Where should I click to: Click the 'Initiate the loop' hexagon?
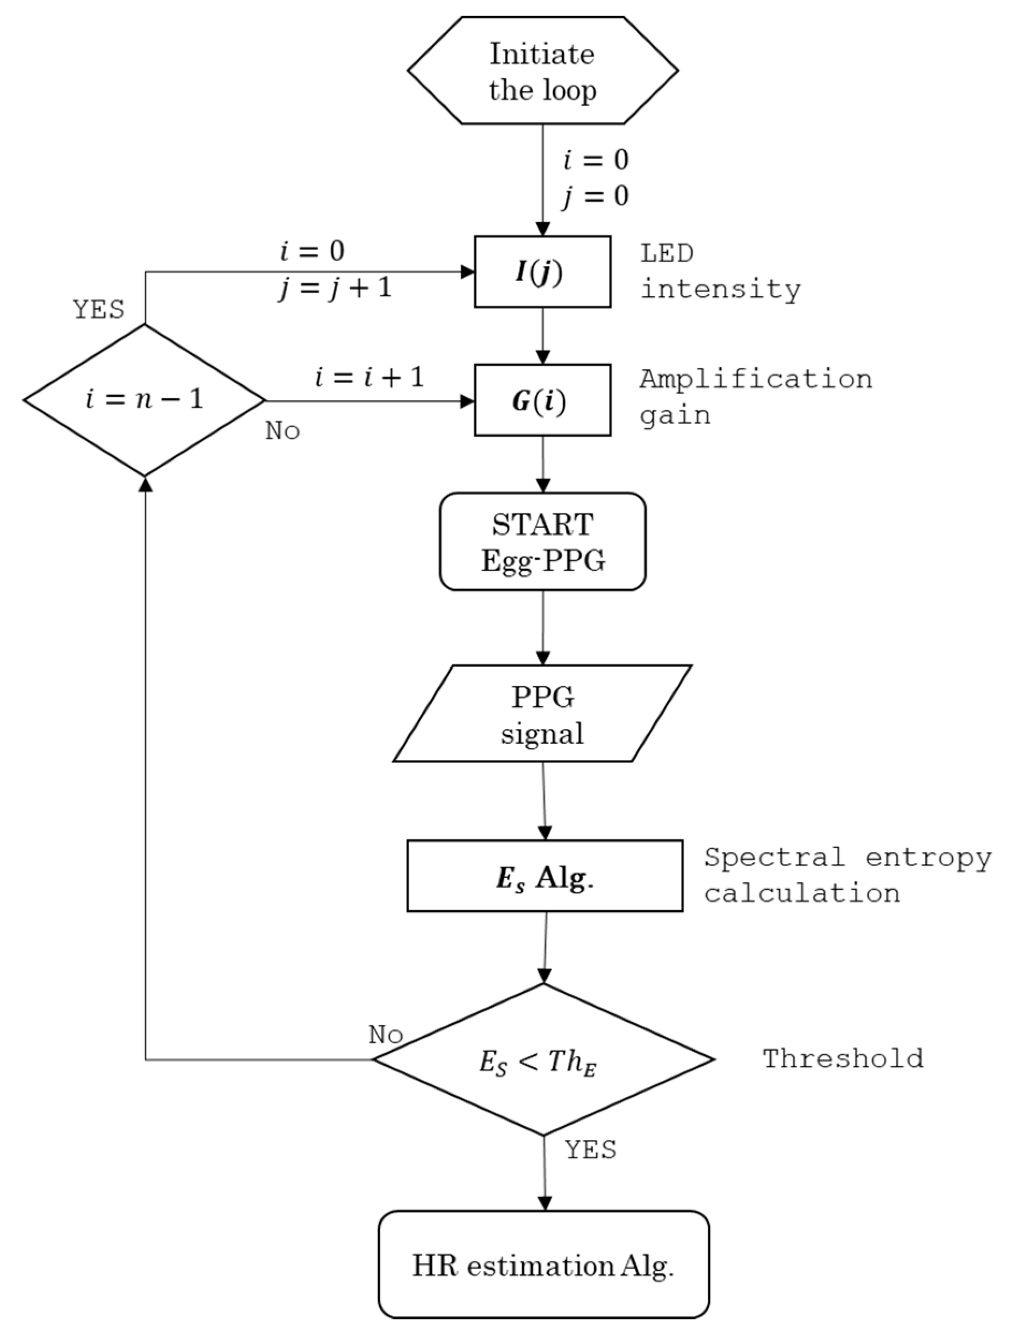pyautogui.click(x=542, y=71)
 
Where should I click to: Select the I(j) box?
pyautogui.click(x=542, y=272)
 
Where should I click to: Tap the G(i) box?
pyautogui.click(x=542, y=400)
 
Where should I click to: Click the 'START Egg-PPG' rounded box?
pyautogui.click(x=542, y=541)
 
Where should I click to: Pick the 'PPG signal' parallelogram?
pyautogui.click(x=542, y=714)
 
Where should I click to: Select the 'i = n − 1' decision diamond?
pyautogui.click(x=144, y=400)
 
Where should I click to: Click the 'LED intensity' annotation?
pyautogui.click(x=720, y=272)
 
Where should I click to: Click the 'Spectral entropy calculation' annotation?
pyautogui.click(x=847, y=875)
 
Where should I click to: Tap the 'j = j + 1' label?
pyautogui.click(x=335, y=288)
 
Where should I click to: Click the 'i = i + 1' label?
pyautogui.click(x=369, y=377)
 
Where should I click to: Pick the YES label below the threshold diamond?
pyautogui.click(x=590, y=1148)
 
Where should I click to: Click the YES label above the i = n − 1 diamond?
pyautogui.click(x=99, y=310)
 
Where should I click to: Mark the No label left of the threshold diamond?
pyautogui.click(x=386, y=1035)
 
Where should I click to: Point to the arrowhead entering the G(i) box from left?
pyautogui.click(x=467, y=401)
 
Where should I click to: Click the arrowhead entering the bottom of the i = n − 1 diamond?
pyautogui.click(x=145, y=483)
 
